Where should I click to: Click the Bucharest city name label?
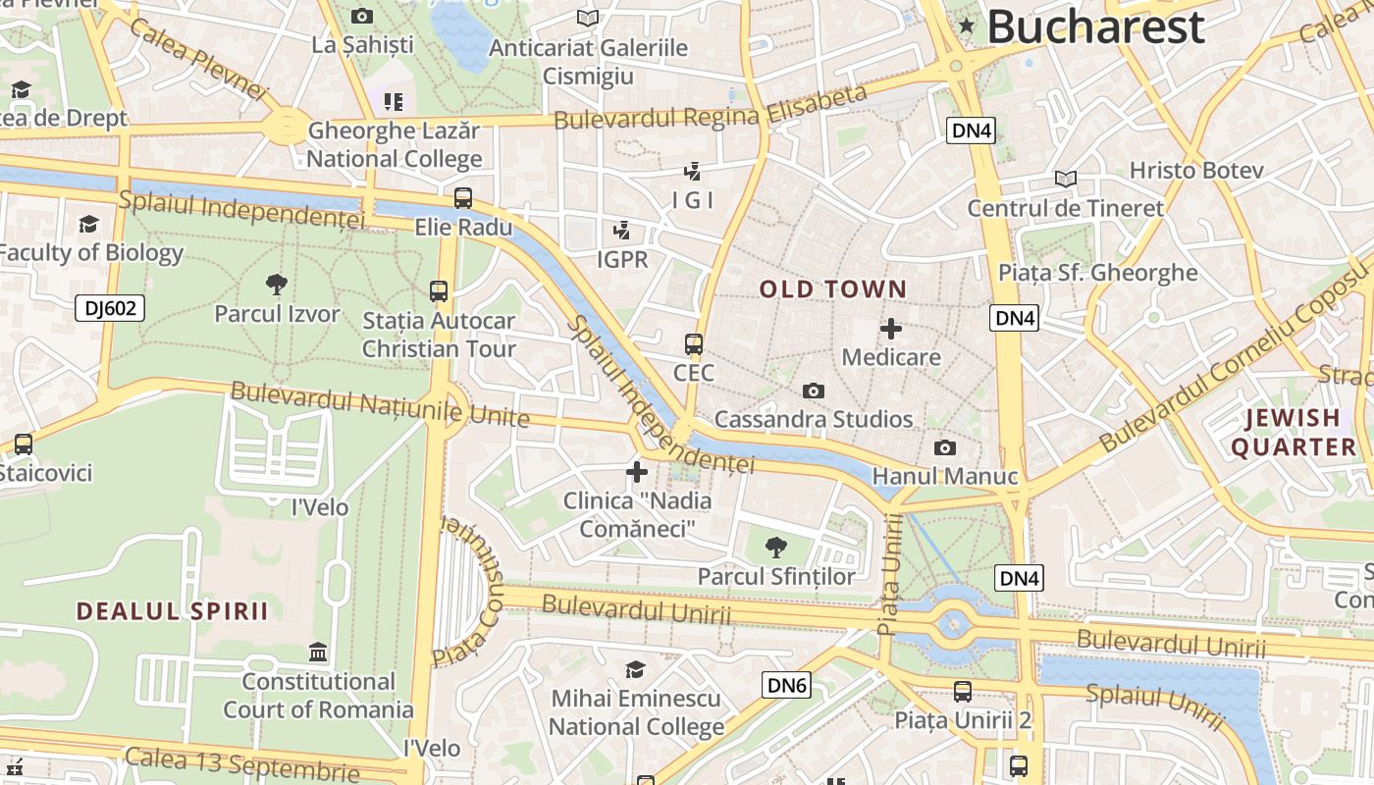coord(1095,26)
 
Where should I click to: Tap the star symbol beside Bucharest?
coord(967,26)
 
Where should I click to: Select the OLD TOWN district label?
coord(832,289)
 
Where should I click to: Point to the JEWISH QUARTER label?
coord(1294,433)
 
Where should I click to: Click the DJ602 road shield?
coord(110,309)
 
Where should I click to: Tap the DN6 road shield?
coord(786,685)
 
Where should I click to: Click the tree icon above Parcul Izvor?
coord(277,285)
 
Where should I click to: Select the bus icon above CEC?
coord(694,344)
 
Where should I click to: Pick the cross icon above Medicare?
coord(891,328)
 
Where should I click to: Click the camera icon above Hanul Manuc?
coord(944,447)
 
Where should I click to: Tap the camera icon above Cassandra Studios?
coord(813,391)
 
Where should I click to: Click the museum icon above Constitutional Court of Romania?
coord(318,652)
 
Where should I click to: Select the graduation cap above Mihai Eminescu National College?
coord(636,669)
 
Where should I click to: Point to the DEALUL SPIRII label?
coord(173,611)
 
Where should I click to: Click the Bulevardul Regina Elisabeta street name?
coord(711,108)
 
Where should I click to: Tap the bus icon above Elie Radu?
coord(463,198)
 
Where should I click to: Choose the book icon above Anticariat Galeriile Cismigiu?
coord(588,18)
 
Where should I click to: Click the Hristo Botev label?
coord(1195,170)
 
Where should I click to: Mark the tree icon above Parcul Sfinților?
coord(776,547)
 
